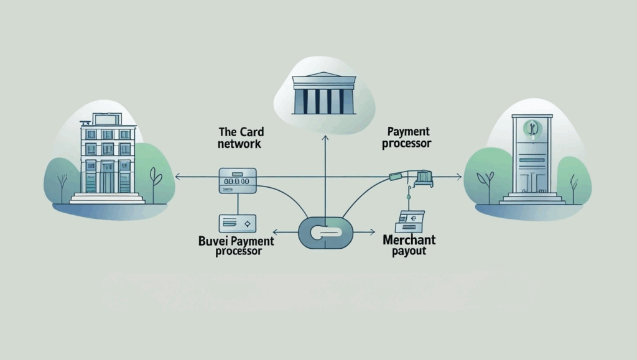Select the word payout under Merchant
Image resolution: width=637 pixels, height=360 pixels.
pos(409,252)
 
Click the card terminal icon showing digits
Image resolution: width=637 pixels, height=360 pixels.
pos(237,180)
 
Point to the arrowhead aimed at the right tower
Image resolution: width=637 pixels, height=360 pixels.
pos(459,178)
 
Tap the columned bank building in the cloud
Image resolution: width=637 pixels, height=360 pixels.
pos(325,95)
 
